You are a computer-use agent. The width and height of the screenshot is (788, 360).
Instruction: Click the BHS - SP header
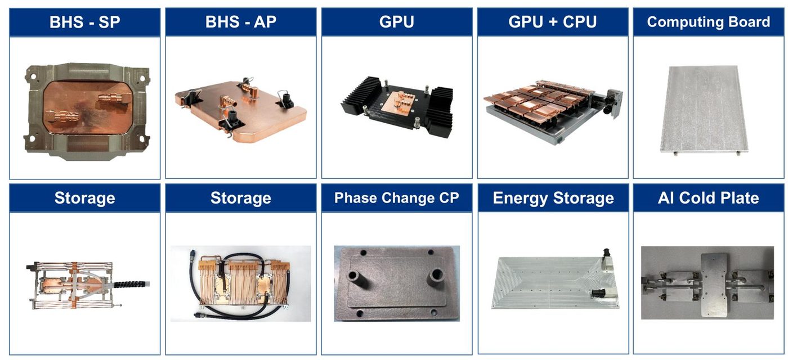click(85, 22)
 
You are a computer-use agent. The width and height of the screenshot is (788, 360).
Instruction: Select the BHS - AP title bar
click(241, 22)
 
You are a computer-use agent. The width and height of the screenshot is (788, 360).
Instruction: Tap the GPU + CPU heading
click(552, 22)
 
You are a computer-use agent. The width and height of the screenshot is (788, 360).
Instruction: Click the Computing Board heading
click(708, 22)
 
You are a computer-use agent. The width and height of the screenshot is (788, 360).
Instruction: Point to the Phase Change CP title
click(396, 198)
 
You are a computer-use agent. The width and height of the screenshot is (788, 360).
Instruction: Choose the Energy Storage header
click(553, 198)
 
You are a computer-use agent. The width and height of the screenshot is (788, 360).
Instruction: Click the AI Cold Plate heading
click(708, 198)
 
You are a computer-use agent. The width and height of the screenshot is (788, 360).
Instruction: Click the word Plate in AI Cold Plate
click(740, 198)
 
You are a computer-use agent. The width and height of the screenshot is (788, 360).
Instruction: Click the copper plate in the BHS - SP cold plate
click(88, 107)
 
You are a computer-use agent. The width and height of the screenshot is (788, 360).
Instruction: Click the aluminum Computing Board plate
click(704, 110)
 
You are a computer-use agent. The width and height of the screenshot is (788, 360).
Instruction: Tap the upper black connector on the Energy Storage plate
click(607, 255)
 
